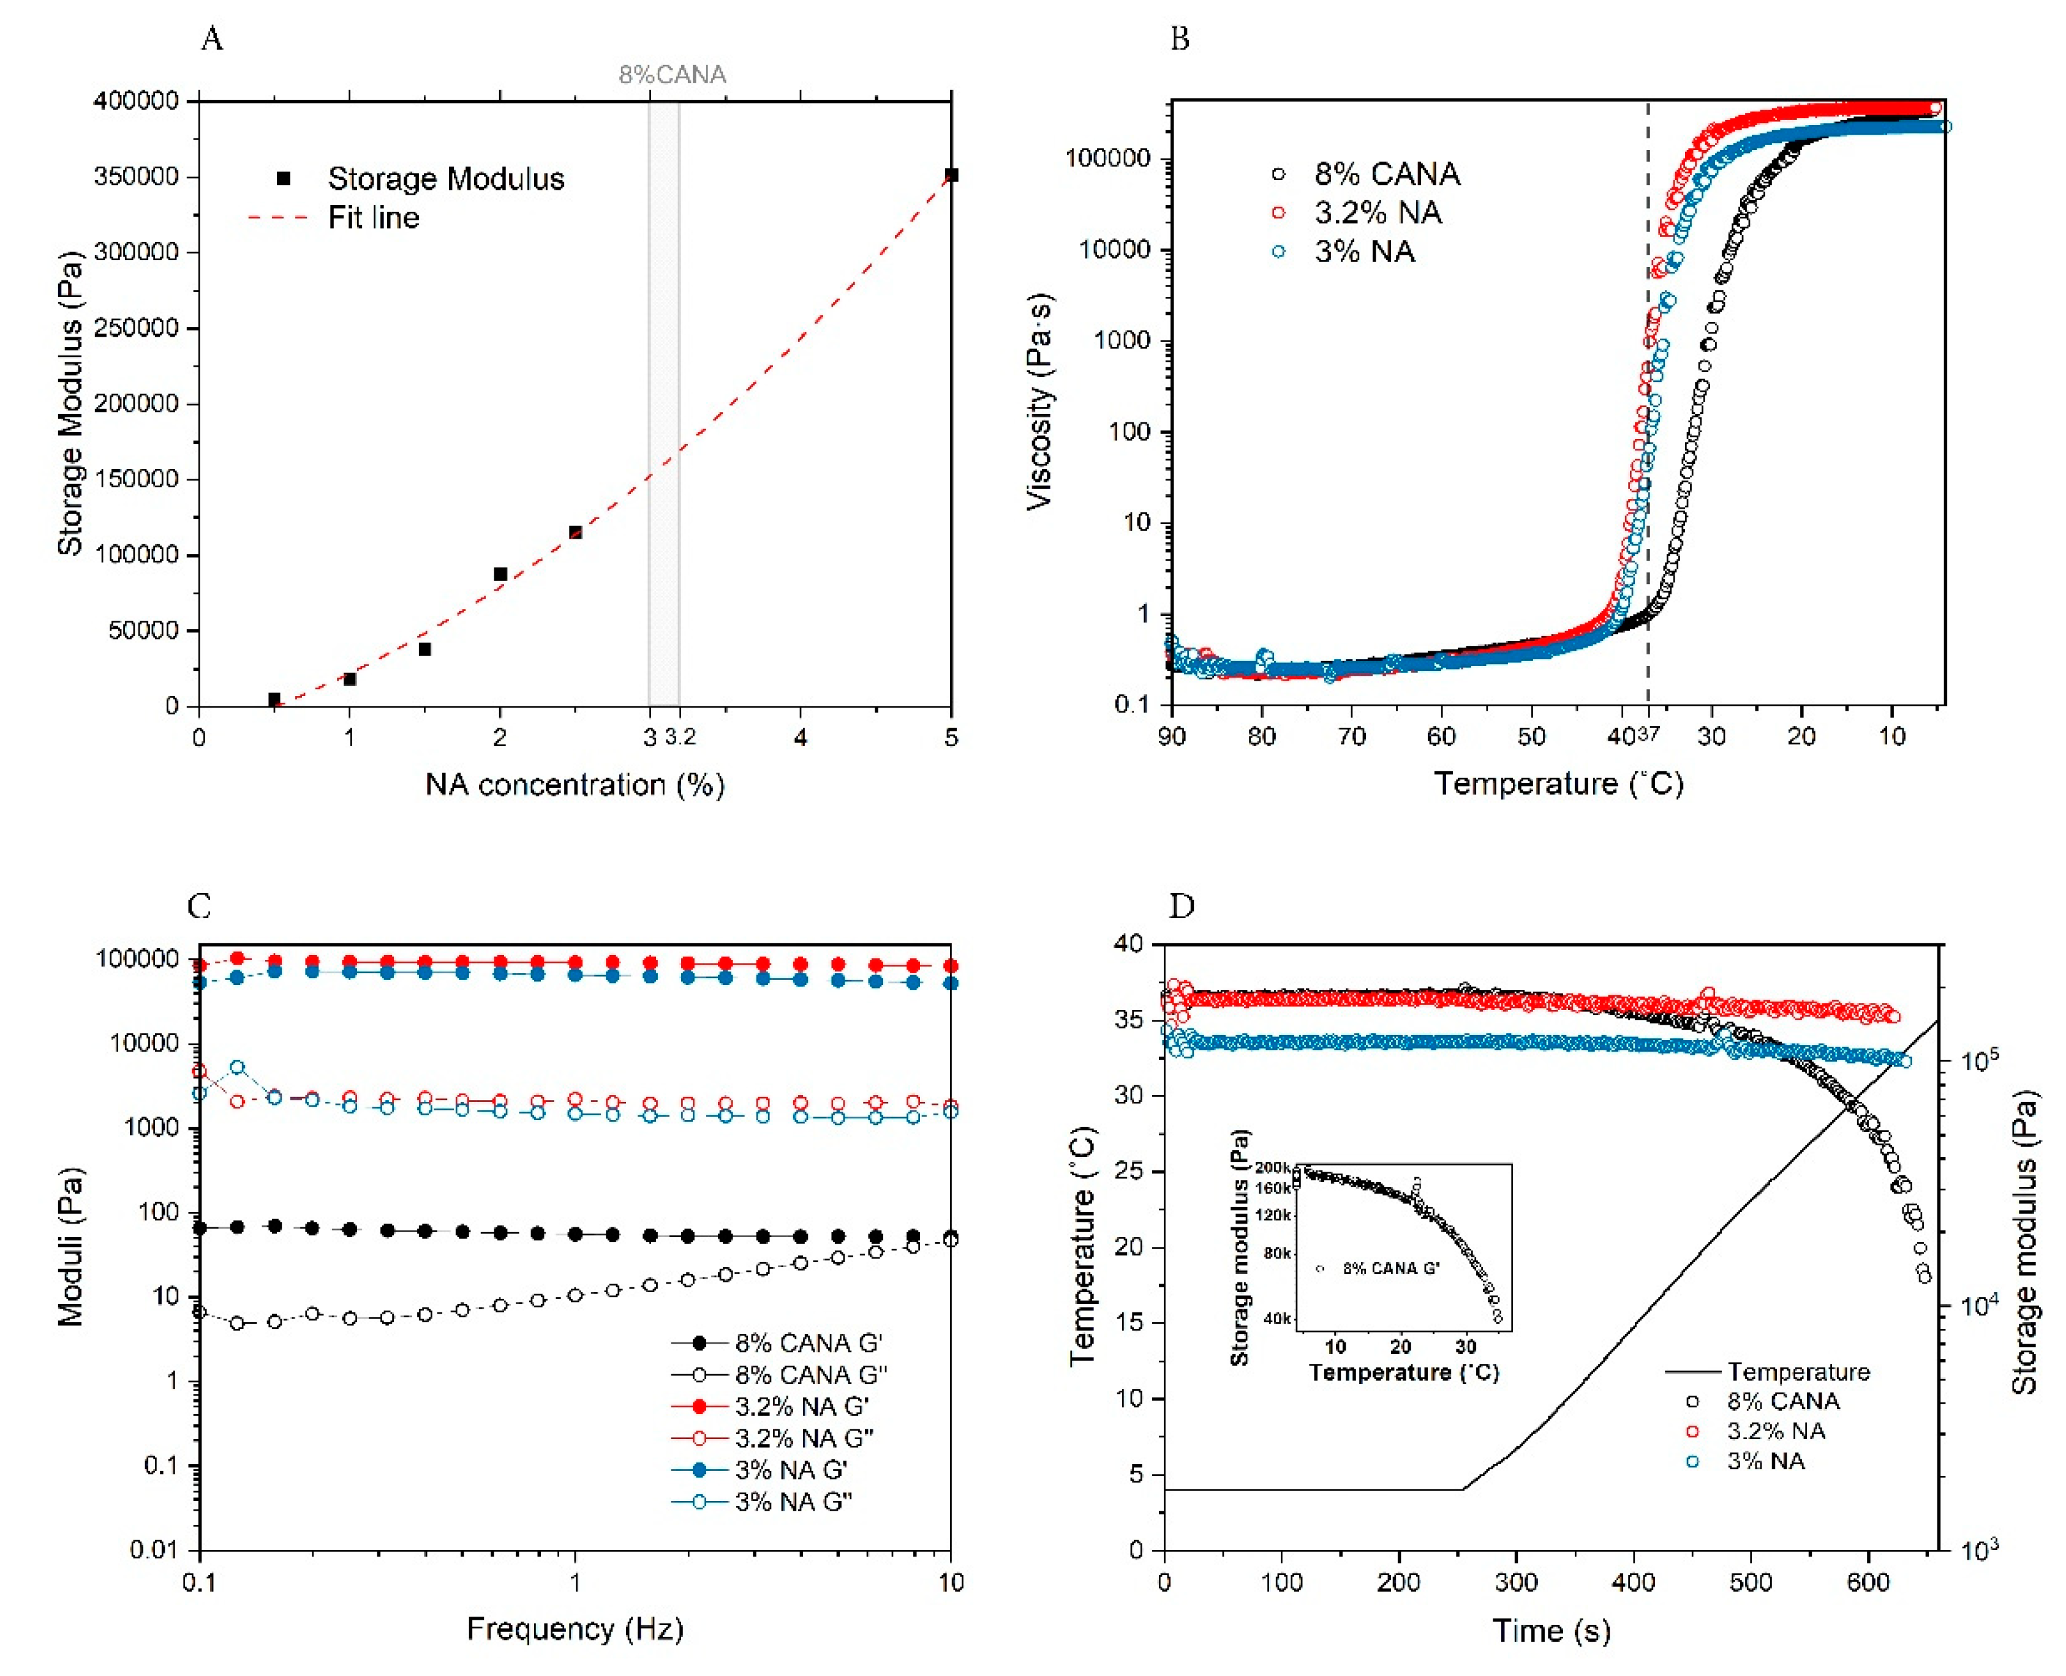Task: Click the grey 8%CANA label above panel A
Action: tap(673, 74)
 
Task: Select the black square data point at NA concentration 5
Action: tap(951, 174)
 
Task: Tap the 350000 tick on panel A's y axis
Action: tap(136, 177)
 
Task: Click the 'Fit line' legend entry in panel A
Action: tap(373, 218)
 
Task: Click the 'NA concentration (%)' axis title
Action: tap(575, 784)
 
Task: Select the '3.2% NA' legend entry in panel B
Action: tap(1376, 212)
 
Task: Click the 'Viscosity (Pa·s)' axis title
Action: tap(1039, 401)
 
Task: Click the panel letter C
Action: tap(199, 907)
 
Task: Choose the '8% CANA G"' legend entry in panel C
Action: tap(809, 1375)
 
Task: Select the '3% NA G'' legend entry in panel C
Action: tap(790, 1470)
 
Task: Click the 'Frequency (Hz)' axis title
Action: tap(575, 1629)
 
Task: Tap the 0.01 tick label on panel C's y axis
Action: tap(154, 1551)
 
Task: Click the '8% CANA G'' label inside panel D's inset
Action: tap(1391, 1268)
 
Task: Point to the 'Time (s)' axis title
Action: tap(1551, 1631)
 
